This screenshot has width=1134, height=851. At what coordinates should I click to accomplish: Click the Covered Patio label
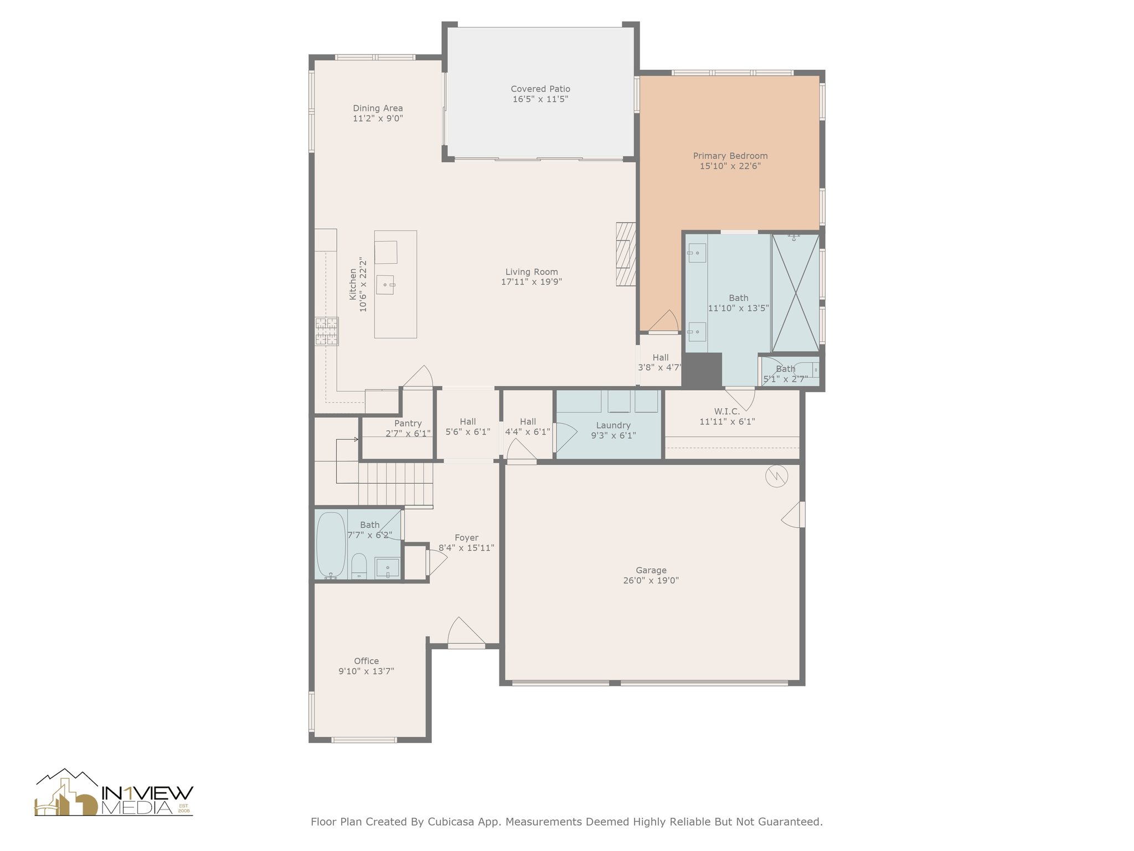[x=540, y=89]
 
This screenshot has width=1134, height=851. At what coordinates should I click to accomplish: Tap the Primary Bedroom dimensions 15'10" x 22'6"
[x=730, y=166]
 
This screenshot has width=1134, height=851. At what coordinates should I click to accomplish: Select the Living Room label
[x=532, y=271]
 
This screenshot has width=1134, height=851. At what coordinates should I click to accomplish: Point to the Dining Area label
[x=378, y=108]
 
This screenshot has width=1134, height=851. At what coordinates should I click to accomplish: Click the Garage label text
[x=651, y=570]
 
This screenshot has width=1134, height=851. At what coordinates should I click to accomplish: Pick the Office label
[x=367, y=661]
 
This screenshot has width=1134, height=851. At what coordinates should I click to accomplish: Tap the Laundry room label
[x=614, y=425]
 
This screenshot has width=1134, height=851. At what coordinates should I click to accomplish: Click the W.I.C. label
[x=727, y=411]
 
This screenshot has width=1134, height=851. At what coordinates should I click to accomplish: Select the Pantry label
[x=408, y=423]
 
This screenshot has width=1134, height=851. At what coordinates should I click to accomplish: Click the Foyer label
[x=466, y=537]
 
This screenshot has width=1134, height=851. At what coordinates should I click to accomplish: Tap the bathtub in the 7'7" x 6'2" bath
[x=331, y=545]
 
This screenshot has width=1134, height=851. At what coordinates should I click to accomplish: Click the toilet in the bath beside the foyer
[x=359, y=566]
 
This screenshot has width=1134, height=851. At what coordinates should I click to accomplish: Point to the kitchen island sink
[x=385, y=285]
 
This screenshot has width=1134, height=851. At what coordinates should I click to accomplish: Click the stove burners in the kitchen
[x=327, y=331]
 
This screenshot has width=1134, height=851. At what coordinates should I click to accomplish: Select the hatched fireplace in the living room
[x=626, y=254]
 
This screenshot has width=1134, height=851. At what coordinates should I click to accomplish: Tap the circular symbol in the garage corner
[x=777, y=475]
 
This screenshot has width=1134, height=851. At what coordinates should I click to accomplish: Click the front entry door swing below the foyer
[x=466, y=632]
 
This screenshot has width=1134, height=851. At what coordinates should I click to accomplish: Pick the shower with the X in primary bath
[x=795, y=293]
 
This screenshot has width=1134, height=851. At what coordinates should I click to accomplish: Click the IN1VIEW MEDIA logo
[x=114, y=792]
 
